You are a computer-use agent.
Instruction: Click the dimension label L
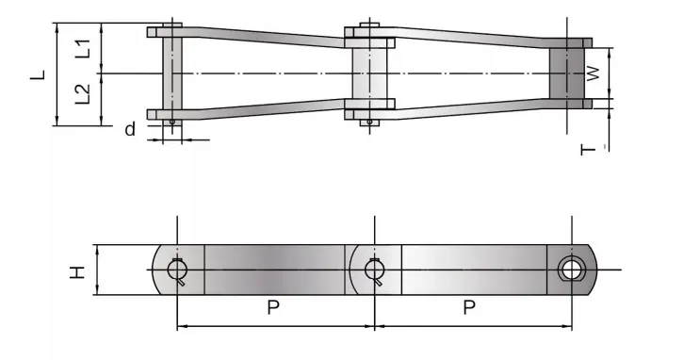38,74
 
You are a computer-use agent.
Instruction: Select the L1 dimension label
83,49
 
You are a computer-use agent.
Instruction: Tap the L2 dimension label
83,95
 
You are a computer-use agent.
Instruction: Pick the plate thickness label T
589,148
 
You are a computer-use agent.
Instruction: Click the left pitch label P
274,308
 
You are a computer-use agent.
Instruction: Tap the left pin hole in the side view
177,270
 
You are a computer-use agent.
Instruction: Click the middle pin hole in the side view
374,270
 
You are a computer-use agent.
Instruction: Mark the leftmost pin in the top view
171,74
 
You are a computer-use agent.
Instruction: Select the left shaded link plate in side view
274,270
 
